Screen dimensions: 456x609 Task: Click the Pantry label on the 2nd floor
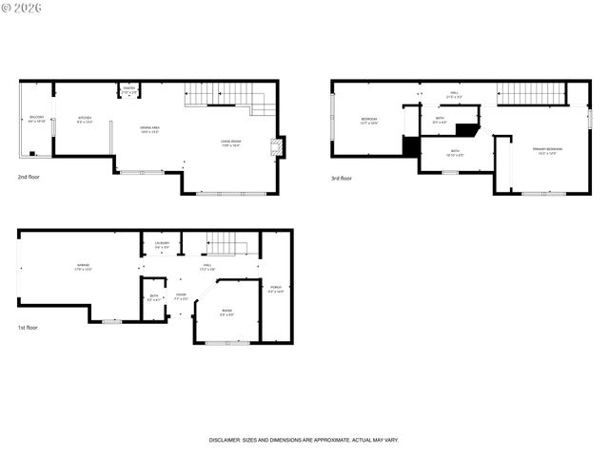[x=129, y=89]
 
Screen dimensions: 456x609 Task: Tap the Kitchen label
[x=85, y=120]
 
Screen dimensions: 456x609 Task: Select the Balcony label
[x=36, y=120]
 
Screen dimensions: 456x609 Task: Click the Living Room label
[x=231, y=143]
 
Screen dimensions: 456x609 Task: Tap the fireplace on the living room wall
[x=276, y=146]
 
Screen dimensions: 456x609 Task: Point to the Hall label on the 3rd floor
[x=455, y=94]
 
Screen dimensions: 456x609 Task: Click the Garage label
[x=84, y=266]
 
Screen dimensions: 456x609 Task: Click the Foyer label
[x=180, y=296]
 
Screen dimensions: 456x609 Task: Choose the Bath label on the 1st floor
[x=153, y=297]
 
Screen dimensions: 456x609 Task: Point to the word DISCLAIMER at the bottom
[x=229, y=440]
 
